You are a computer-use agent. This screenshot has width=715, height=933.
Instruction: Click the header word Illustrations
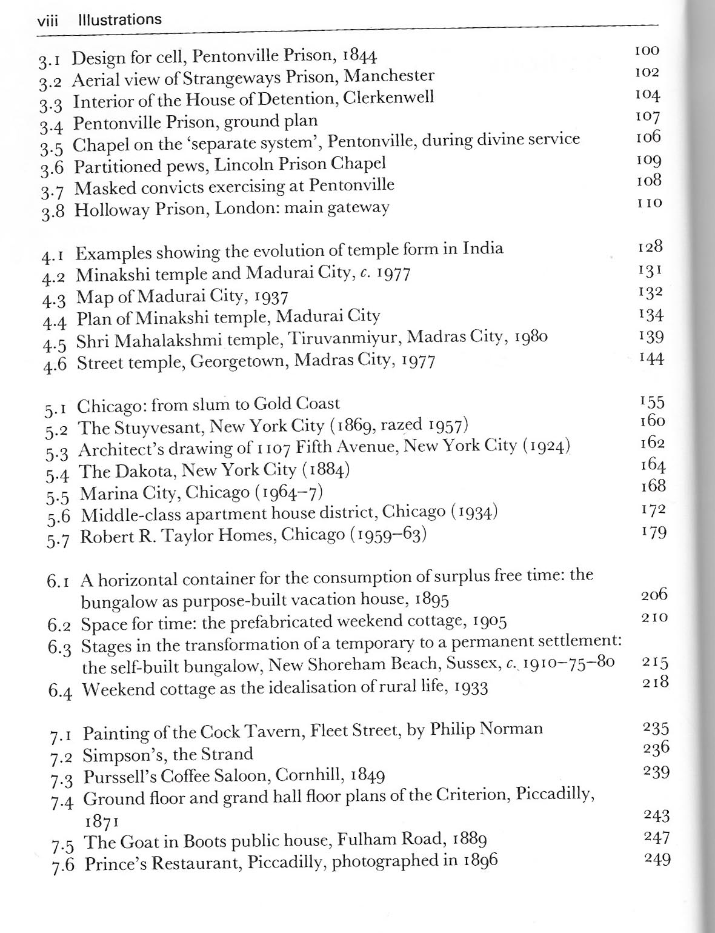click(x=120, y=19)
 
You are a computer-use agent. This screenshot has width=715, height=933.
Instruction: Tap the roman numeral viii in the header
click(x=47, y=21)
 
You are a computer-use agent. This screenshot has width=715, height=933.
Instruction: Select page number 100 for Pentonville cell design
click(x=647, y=50)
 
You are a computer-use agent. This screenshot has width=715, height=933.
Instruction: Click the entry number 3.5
click(x=52, y=147)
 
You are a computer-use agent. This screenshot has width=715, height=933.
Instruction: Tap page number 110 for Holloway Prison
click(x=650, y=202)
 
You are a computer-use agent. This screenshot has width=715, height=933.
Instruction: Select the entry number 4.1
click(x=56, y=255)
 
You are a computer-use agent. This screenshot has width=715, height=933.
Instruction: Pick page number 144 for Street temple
click(x=651, y=358)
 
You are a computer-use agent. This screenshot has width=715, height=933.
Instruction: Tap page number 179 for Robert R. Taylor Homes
click(x=653, y=532)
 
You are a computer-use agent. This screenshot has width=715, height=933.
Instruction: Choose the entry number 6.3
click(x=60, y=647)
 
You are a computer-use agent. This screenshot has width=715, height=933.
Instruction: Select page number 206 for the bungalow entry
click(x=654, y=595)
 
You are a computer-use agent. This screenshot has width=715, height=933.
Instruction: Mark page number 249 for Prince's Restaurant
click(x=657, y=859)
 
